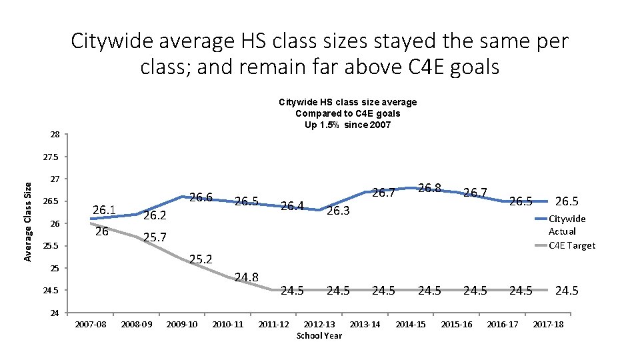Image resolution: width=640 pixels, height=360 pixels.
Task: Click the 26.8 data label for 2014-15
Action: coord(430,189)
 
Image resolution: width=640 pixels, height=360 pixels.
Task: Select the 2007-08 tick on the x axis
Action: coord(91,324)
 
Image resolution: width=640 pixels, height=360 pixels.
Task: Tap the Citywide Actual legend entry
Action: coord(566,224)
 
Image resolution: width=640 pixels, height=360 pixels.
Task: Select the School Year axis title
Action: coord(319,335)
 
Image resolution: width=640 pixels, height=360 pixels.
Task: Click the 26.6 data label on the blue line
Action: coord(201,197)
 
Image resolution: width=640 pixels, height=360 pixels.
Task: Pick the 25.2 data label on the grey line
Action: coord(201,259)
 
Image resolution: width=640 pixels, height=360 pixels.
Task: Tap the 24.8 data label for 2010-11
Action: coord(247,277)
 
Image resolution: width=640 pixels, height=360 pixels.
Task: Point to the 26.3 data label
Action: coord(339,211)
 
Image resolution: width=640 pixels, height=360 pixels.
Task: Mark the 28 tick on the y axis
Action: coord(55,135)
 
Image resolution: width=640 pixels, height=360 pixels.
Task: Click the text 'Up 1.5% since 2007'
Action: coord(347,125)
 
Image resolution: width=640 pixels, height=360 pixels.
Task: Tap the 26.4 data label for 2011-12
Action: coord(292,205)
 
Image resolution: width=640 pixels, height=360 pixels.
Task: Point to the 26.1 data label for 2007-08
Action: coord(105,211)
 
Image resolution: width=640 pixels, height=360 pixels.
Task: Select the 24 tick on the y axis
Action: coord(55,313)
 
